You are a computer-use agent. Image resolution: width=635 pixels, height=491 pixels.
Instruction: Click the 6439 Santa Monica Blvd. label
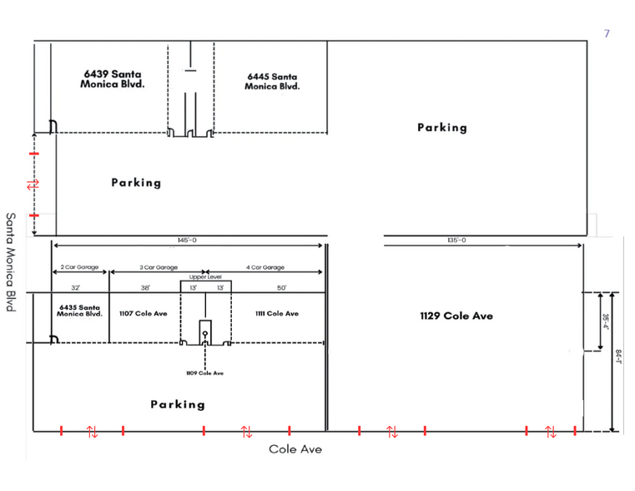coord(112,79)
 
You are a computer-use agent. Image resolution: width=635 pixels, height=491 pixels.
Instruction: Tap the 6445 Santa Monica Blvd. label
coord(272,81)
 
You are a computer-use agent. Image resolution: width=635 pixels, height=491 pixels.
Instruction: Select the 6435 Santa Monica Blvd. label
coord(80,311)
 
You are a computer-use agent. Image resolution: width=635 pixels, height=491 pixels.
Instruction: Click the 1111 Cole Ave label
coord(276,314)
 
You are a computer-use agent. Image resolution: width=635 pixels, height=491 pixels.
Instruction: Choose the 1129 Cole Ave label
coord(456,316)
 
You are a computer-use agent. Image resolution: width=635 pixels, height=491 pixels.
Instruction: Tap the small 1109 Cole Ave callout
coord(204,372)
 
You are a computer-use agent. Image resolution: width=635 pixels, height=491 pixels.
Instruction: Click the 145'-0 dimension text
coord(188,240)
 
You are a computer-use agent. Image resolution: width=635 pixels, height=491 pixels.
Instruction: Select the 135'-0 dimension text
coord(457,240)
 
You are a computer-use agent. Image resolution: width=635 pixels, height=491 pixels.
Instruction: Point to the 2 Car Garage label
coord(80,268)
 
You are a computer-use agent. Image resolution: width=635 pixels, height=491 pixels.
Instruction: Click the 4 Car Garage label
coord(265,268)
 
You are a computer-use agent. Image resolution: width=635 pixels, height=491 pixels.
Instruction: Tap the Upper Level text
coord(205,276)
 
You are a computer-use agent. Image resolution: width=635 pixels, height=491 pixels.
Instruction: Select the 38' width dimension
coord(145,287)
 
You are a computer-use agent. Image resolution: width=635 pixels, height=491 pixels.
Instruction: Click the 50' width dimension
coord(282,287)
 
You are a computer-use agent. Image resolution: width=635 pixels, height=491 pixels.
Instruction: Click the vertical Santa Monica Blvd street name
coord(12,261)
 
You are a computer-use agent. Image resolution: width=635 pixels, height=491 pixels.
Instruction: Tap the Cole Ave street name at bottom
coord(295,449)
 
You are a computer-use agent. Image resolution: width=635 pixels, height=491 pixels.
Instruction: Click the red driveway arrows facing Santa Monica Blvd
coord(33,184)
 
